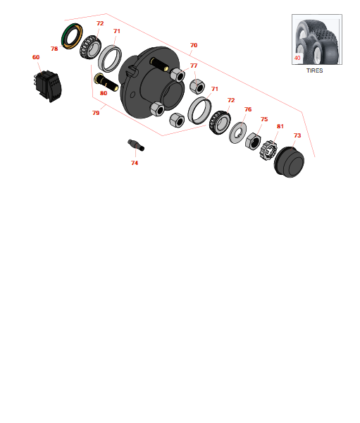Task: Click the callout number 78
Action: tap(54, 49)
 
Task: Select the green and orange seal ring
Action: tap(72, 37)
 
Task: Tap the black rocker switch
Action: tap(49, 85)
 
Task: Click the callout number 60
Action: tap(36, 57)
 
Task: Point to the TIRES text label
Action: tap(314, 70)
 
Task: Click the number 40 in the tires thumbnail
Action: tap(297, 58)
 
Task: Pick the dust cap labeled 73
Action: tap(289, 162)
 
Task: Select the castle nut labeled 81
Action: tap(268, 151)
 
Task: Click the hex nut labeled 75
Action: tap(253, 141)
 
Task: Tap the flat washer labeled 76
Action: tap(237, 133)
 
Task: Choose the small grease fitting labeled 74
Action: tap(136, 145)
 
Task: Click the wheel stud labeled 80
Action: tap(106, 82)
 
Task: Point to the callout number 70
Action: tap(194, 45)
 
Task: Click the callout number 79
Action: tap(96, 113)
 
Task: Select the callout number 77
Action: tap(194, 66)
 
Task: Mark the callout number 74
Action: tap(135, 163)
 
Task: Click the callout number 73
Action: tap(297, 135)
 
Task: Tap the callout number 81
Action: tap(280, 126)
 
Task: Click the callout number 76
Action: tap(248, 109)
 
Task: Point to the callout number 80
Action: tap(104, 93)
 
